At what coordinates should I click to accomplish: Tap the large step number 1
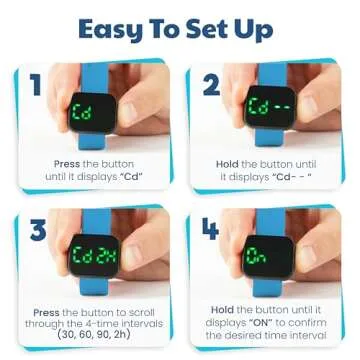click(37, 85)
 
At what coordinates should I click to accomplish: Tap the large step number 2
click(210, 85)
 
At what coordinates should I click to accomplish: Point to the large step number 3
click(38, 232)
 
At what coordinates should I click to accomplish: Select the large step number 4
click(210, 232)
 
